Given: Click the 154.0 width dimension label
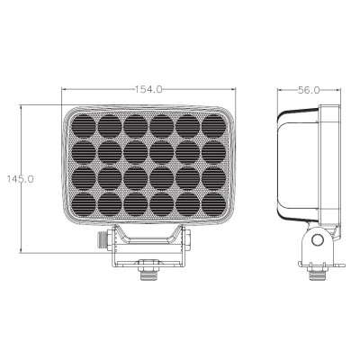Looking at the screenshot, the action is pyautogui.click(x=148, y=89).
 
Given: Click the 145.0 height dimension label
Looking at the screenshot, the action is pyautogui.click(x=21, y=179).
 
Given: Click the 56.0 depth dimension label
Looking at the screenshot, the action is pyautogui.click(x=309, y=90).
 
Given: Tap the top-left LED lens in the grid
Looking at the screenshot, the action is pyautogui.click(x=84, y=126).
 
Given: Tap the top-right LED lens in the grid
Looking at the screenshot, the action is pyautogui.click(x=213, y=126).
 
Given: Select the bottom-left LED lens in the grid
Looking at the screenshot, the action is pyautogui.click(x=84, y=204).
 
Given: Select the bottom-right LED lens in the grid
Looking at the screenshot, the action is pyautogui.click(x=213, y=204).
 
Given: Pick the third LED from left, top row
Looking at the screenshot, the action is pyautogui.click(x=136, y=126).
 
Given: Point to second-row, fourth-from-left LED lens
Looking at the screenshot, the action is pyautogui.click(x=162, y=152).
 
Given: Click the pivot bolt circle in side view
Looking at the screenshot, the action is pyautogui.click(x=318, y=239).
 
